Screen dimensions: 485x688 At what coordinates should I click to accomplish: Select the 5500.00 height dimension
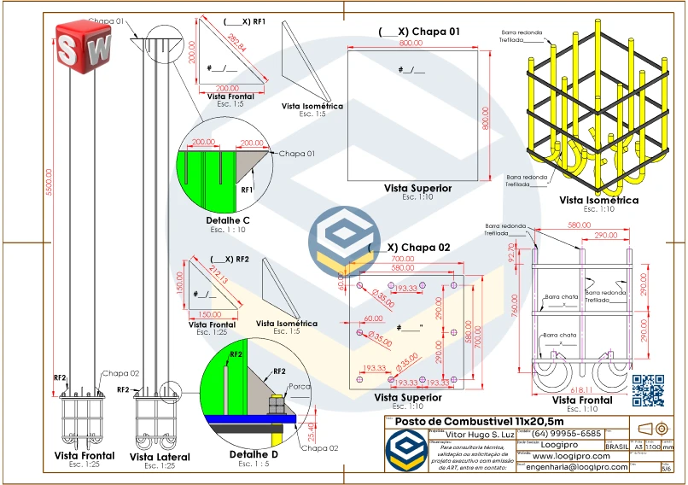click(49, 182)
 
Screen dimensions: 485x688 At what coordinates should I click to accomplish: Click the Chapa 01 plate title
click(420, 32)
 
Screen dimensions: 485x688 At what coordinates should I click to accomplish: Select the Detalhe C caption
click(228, 220)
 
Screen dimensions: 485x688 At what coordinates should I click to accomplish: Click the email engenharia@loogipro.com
click(577, 467)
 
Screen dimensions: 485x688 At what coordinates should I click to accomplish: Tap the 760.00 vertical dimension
click(516, 311)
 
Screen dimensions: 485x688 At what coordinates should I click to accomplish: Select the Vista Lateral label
click(160, 457)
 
